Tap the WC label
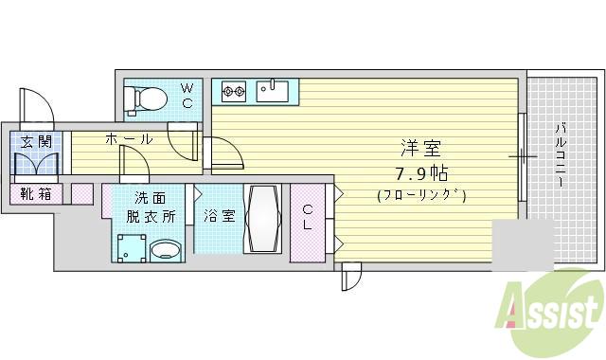(x=187, y=96)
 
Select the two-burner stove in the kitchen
(x=234, y=92)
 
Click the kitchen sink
(x=273, y=91)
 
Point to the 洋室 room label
(x=419, y=149)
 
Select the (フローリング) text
(x=420, y=196)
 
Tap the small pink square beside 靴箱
(x=82, y=194)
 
